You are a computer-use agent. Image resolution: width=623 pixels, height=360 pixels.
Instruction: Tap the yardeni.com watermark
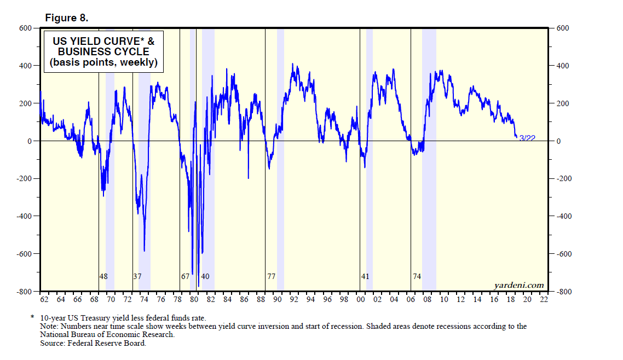click(x=518, y=284)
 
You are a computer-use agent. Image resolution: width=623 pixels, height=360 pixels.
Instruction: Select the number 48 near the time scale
click(x=103, y=276)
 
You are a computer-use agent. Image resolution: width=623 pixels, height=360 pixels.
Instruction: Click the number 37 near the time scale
click(x=137, y=276)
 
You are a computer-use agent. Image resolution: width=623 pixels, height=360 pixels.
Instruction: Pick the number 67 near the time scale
click(x=185, y=276)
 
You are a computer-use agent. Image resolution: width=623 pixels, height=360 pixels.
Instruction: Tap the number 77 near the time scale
click(x=271, y=276)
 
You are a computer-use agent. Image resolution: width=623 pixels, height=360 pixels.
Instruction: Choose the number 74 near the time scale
click(x=417, y=276)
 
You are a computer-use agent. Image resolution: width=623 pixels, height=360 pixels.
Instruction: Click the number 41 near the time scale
click(x=365, y=276)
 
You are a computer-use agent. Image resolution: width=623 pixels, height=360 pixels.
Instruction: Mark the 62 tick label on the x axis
click(x=44, y=300)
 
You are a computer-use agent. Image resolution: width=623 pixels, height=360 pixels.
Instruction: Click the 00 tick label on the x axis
click(x=361, y=300)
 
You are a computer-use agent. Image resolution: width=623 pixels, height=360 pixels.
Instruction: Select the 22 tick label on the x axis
click(x=544, y=300)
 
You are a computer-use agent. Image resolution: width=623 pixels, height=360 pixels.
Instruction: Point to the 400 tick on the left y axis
click(x=26, y=66)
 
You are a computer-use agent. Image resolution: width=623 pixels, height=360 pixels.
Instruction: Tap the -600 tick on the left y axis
click(x=25, y=254)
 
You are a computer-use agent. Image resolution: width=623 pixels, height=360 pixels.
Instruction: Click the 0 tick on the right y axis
click(x=559, y=141)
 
